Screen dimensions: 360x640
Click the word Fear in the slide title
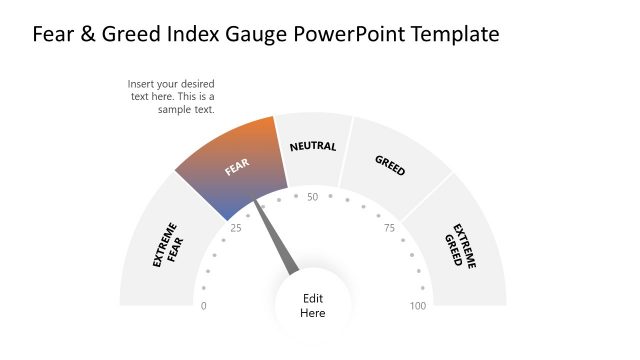pyautogui.click(x=55, y=35)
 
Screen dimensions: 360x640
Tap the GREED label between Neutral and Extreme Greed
pyautogui.click(x=390, y=165)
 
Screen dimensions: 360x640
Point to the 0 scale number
pyautogui.click(x=205, y=306)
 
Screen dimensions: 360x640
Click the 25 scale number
pyautogui.click(x=236, y=228)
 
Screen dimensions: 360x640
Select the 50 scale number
pyautogui.click(x=313, y=197)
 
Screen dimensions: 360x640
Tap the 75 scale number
pyautogui.click(x=389, y=228)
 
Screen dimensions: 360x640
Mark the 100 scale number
pyautogui.click(x=418, y=306)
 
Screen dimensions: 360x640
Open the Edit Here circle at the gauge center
pyautogui.click(x=313, y=306)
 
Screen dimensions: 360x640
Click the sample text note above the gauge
pyautogui.click(x=171, y=96)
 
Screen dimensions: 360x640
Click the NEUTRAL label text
pyautogui.click(x=313, y=147)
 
